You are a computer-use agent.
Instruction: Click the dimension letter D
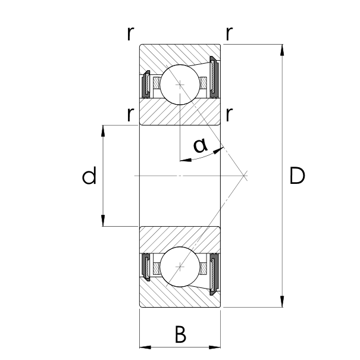coord(297,176)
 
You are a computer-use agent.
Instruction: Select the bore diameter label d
coord(89,176)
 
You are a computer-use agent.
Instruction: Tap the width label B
coord(181,334)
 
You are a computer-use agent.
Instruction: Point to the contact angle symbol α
coord(201,145)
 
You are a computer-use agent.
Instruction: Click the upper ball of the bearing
coord(180,84)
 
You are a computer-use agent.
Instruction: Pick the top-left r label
coord(130,33)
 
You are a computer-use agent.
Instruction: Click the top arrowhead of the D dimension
coord(282,49)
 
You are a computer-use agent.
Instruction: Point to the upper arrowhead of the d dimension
coord(104,130)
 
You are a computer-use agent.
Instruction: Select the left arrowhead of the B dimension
coord(143,346)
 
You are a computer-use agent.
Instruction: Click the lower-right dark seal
coord(215,273)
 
